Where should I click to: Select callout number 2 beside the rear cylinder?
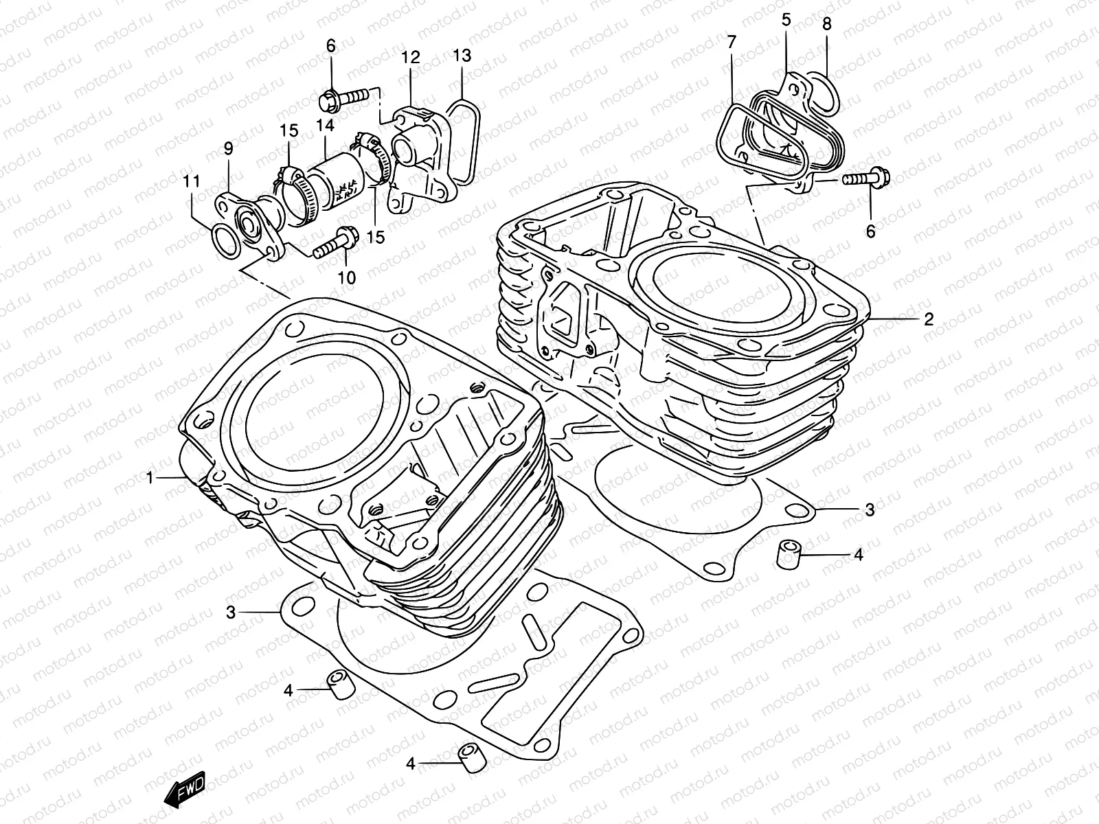point(929,319)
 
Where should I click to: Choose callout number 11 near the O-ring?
point(192,182)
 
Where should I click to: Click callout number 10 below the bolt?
point(347,277)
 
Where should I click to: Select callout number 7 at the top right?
point(731,43)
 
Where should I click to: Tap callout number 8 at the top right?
point(827,24)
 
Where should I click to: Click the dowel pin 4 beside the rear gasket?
point(790,552)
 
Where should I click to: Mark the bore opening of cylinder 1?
point(306,422)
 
